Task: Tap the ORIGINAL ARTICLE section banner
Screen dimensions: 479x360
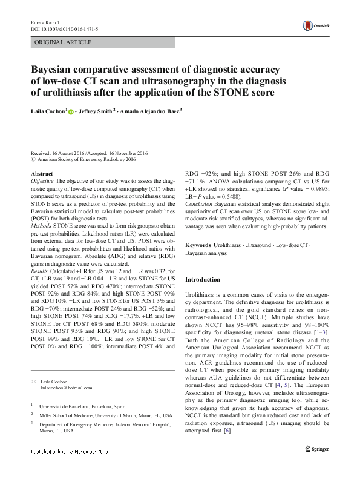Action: [64, 42]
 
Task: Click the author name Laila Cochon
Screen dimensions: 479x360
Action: [48, 112]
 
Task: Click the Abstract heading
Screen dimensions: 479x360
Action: [42, 174]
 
